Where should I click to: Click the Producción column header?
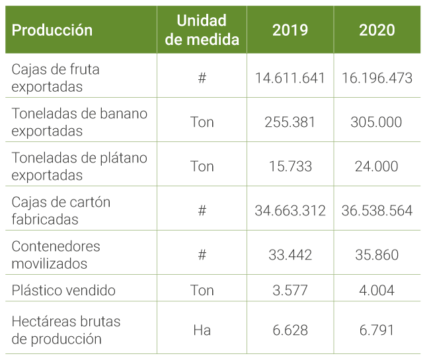pyautogui.click(x=52, y=30)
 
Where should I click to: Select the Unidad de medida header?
pyautogui.click(x=202, y=30)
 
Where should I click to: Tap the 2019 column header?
pyautogui.click(x=290, y=30)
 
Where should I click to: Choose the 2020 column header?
pyautogui.click(x=377, y=30)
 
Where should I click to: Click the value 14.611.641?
pyautogui.click(x=290, y=78)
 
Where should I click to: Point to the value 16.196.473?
pyautogui.click(x=377, y=78)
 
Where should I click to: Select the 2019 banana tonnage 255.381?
pyautogui.click(x=290, y=122)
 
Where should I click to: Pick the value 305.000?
pyautogui.click(x=377, y=122)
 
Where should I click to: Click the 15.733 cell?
pyautogui.click(x=290, y=166)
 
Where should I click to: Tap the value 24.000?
pyautogui.click(x=377, y=166)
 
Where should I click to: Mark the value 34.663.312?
pyautogui.click(x=290, y=211)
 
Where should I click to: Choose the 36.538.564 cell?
pyautogui.click(x=377, y=211)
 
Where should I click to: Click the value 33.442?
pyautogui.click(x=290, y=255)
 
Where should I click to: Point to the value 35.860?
pyautogui.click(x=377, y=255)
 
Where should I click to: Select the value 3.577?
pyautogui.click(x=290, y=291)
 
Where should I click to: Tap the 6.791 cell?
pyautogui.click(x=377, y=330)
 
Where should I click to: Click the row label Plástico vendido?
pyautogui.click(x=63, y=291)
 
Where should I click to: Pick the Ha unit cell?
pyautogui.click(x=202, y=330)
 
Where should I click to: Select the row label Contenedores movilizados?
pyautogui.click(x=56, y=255)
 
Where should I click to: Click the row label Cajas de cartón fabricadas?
pyautogui.click(x=61, y=211)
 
